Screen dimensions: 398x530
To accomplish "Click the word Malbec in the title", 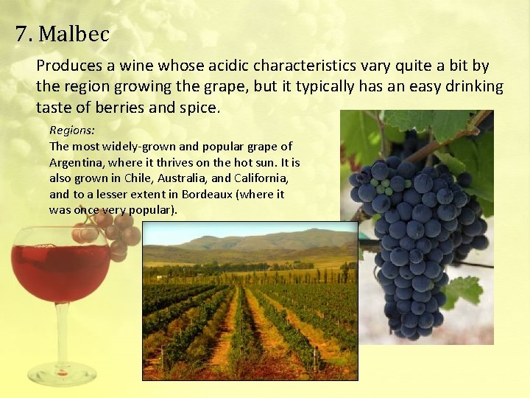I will coord(74,34).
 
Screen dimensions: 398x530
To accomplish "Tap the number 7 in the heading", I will coord(21,34).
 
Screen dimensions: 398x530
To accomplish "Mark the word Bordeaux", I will coord(216,195).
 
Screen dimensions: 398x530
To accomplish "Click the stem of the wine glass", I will coord(62,332).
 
